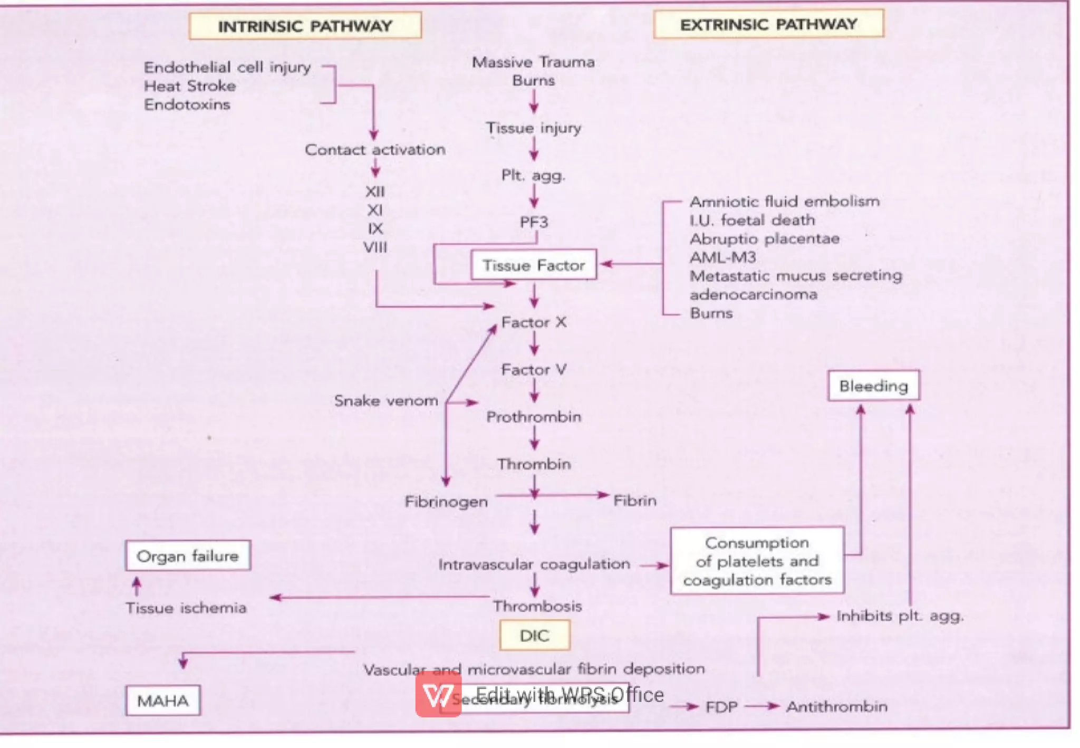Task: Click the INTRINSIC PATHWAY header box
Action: [x=305, y=26]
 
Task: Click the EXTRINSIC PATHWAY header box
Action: [x=768, y=24]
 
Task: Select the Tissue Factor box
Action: [x=533, y=265]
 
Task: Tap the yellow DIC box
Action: [x=534, y=635]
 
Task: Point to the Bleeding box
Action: [x=873, y=386]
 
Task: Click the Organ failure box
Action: [x=188, y=556]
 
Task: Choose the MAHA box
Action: [x=162, y=701]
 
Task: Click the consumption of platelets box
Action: [x=757, y=561]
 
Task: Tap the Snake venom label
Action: [x=385, y=401]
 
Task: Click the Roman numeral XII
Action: [x=375, y=191]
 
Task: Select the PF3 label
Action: [x=534, y=222]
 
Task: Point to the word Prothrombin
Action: [x=534, y=417]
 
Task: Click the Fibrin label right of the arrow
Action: [x=634, y=501]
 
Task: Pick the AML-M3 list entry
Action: [x=722, y=257]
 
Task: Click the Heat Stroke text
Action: [x=190, y=86]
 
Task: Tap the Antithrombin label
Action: [x=836, y=707]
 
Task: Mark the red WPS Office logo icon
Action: [x=438, y=695]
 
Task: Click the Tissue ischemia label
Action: [x=186, y=608]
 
